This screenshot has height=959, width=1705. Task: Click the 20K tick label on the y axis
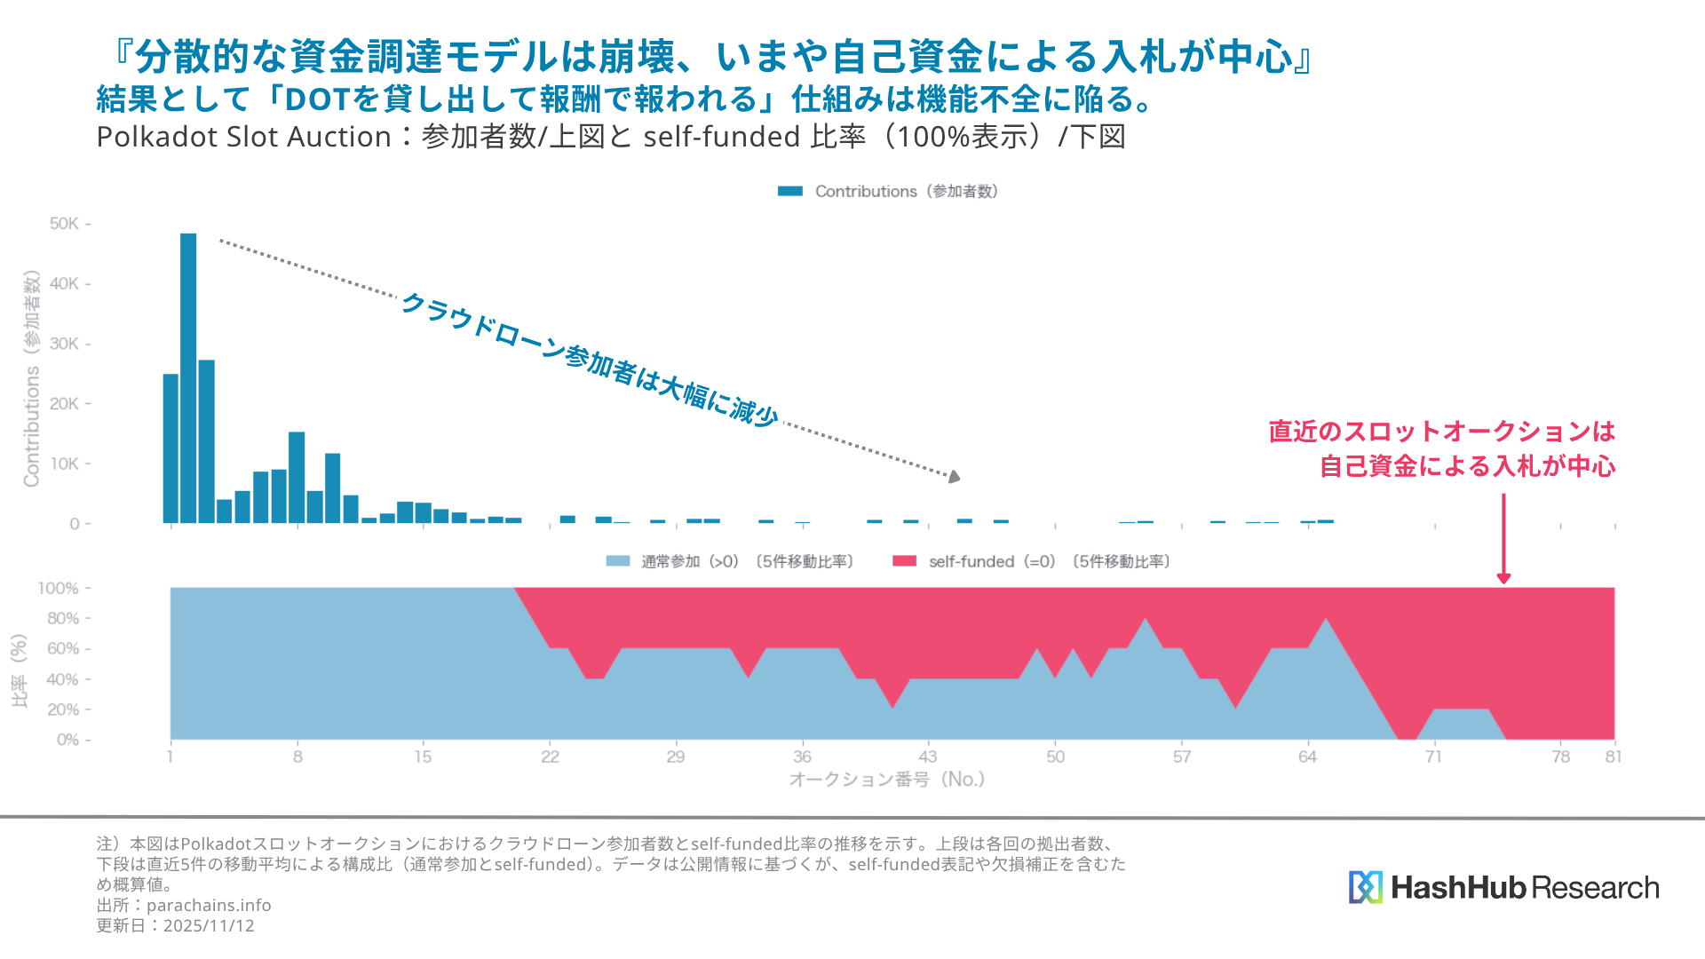[65, 404]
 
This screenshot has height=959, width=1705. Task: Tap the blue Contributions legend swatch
[789, 191]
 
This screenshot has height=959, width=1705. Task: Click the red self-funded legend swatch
[904, 561]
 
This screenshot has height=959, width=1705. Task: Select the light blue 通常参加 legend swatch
[617, 561]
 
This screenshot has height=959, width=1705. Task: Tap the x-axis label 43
[927, 757]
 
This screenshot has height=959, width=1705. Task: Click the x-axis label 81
[1613, 757]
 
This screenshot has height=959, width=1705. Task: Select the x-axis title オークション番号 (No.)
[886, 780]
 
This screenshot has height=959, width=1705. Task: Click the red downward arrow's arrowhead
[1503, 578]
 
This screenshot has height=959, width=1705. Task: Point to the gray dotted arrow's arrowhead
[954, 477]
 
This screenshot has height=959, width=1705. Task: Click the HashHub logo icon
[1365, 887]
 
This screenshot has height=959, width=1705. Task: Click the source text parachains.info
[209, 905]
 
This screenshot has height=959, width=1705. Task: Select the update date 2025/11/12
[209, 925]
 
